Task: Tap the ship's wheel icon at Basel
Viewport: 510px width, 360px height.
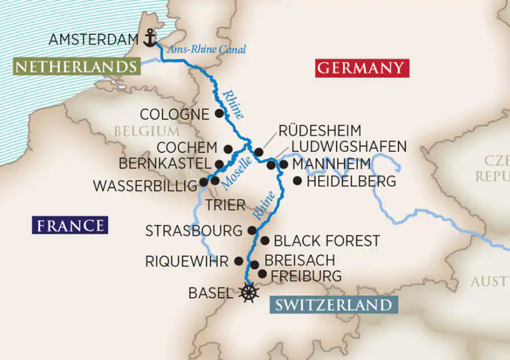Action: pos(249,293)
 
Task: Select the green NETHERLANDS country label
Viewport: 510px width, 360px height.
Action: pos(76,67)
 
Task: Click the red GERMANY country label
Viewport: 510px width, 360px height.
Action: pos(360,68)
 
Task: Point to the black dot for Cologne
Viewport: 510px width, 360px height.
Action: pos(219,113)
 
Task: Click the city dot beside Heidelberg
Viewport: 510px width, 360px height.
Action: pos(297,181)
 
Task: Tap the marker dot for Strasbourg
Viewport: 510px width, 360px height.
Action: pos(252,230)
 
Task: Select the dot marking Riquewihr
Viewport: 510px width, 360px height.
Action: pos(239,261)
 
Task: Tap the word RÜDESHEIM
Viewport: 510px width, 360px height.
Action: pos(320,131)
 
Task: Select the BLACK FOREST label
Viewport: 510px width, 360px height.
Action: pos(327,241)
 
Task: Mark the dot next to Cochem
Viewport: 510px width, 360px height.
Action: pos(228,149)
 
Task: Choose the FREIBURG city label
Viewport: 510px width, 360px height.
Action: pos(306,276)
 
